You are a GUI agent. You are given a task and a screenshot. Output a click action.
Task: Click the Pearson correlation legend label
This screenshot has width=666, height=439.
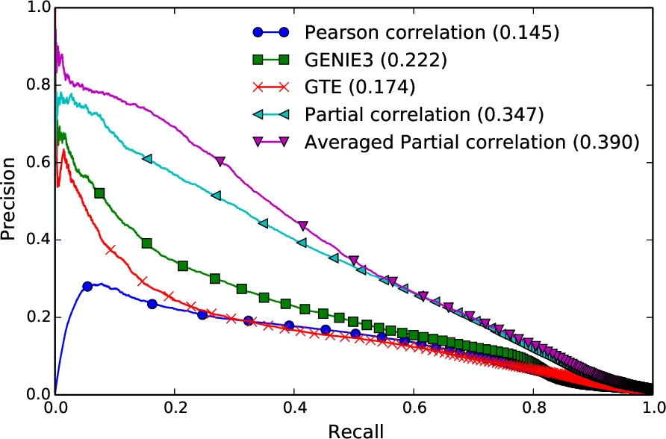(432, 33)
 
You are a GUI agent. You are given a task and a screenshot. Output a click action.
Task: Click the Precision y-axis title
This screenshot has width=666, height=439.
(10, 201)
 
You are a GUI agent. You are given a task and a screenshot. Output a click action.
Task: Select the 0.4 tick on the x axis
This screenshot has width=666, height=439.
(294, 409)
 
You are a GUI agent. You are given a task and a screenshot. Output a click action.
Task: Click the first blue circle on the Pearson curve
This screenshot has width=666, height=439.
(87, 286)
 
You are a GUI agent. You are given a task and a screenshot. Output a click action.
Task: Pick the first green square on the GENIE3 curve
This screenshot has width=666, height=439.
(99, 193)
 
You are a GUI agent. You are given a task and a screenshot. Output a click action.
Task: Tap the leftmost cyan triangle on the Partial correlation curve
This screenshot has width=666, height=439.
(147, 158)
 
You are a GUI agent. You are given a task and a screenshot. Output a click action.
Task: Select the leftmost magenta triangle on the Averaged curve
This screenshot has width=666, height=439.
(220, 161)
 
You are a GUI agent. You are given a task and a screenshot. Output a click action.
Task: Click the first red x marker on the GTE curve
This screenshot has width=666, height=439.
(111, 249)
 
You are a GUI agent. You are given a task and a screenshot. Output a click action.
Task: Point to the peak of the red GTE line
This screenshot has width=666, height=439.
(64, 150)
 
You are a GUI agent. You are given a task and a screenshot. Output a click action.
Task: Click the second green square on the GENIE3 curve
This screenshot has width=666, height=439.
(147, 243)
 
